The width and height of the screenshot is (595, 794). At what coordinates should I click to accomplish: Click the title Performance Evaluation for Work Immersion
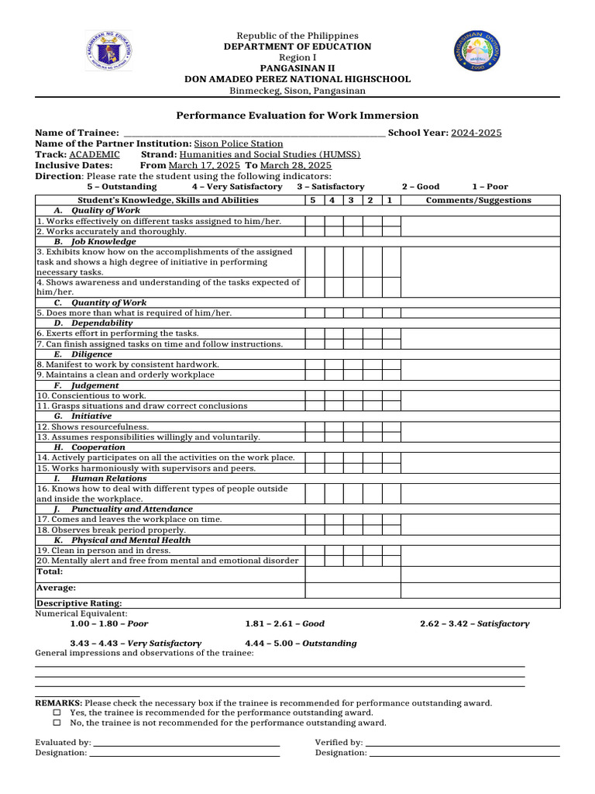297,115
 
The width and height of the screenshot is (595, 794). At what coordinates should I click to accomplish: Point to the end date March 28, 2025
296,165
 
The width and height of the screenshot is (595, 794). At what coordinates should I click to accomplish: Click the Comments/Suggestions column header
479,200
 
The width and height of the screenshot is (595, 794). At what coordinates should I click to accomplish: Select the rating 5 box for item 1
314,221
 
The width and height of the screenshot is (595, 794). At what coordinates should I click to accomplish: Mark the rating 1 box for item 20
391,561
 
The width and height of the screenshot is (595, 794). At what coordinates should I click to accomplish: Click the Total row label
50,571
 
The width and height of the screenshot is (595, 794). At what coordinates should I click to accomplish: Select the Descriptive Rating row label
79,603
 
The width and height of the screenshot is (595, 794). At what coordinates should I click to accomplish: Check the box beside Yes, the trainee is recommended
57,713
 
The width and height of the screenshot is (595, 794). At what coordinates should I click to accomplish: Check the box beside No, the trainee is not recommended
57,723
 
